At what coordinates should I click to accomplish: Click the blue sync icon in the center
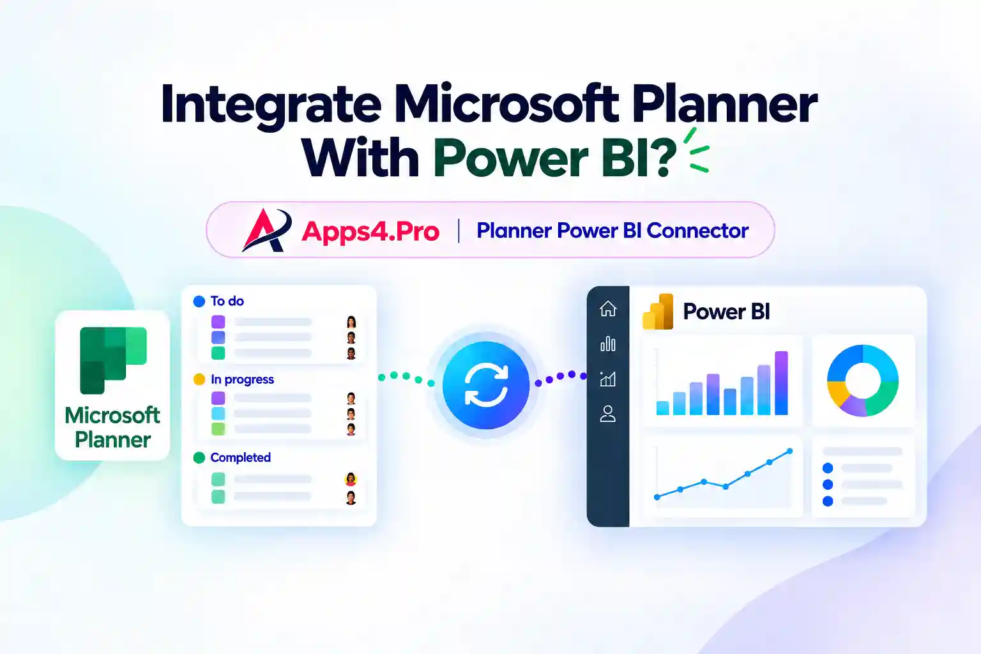[x=485, y=385]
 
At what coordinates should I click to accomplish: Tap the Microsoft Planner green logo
[x=113, y=360]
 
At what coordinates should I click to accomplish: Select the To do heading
[x=227, y=301]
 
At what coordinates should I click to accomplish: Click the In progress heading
[x=242, y=379]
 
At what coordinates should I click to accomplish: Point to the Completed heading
[x=240, y=457]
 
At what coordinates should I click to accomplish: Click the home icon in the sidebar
[x=608, y=308]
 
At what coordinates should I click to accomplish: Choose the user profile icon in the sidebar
[x=608, y=413]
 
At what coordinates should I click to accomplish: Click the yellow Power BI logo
[x=658, y=312]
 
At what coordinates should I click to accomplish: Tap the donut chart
[x=863, y=380]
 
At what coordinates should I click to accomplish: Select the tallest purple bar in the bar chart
[x=781, y=383]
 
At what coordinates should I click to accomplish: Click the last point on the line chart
[x=789, y=451]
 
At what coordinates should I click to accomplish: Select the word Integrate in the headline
[x=271, y=105]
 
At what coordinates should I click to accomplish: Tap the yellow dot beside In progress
[x=199, y=379]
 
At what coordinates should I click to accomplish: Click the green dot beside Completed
[x=199, y=458]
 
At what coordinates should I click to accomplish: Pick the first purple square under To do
[x=218, y=322]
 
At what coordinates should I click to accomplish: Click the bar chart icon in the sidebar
[x=608, y=344]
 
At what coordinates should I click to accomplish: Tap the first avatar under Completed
[x=351, y=479]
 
